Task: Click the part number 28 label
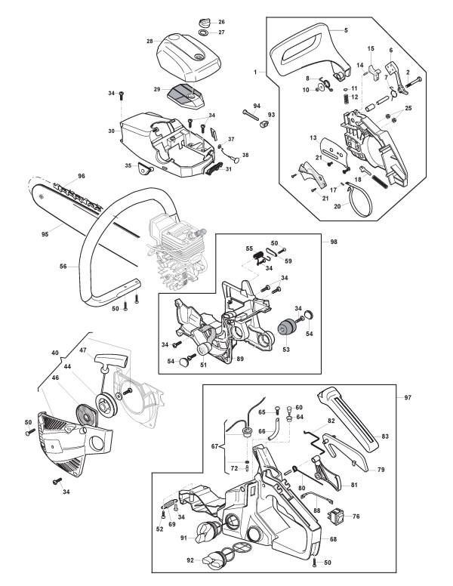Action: tap(150, 40)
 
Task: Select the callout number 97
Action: tap(408, 396)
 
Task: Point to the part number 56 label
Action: tap(63, 266)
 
